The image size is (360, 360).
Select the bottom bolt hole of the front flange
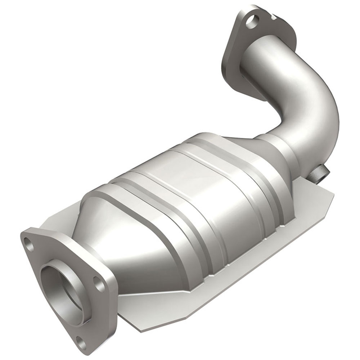click(82, 342)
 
